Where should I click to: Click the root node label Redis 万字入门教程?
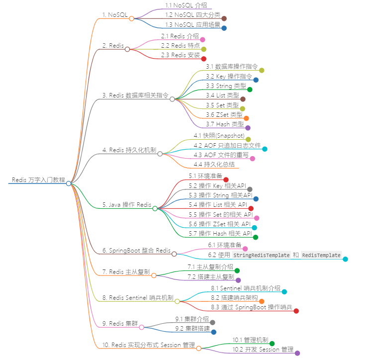point(38,180)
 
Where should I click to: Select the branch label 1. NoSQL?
point(115,15)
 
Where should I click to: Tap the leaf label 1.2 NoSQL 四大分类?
point(193,15)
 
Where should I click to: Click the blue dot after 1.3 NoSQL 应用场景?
point(224,28)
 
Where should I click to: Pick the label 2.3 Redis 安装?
point(180,55)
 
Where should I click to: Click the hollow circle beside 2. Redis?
point(127,49)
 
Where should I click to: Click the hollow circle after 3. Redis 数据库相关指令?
point(172,99)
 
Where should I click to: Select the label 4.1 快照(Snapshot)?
point(219,136)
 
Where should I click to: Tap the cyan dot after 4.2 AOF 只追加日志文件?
point(265,149)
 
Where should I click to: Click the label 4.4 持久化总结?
point(214,164)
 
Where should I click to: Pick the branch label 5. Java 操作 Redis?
point(127,204)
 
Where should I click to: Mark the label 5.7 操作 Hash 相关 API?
point(220,234)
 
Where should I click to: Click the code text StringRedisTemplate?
point(262,255)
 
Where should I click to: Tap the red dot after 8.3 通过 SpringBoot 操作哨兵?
point(296,311)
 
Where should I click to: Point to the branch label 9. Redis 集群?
point(119,323)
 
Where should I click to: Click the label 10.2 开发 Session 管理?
point(263,350)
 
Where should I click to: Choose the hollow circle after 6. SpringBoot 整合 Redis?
point(174,254)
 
